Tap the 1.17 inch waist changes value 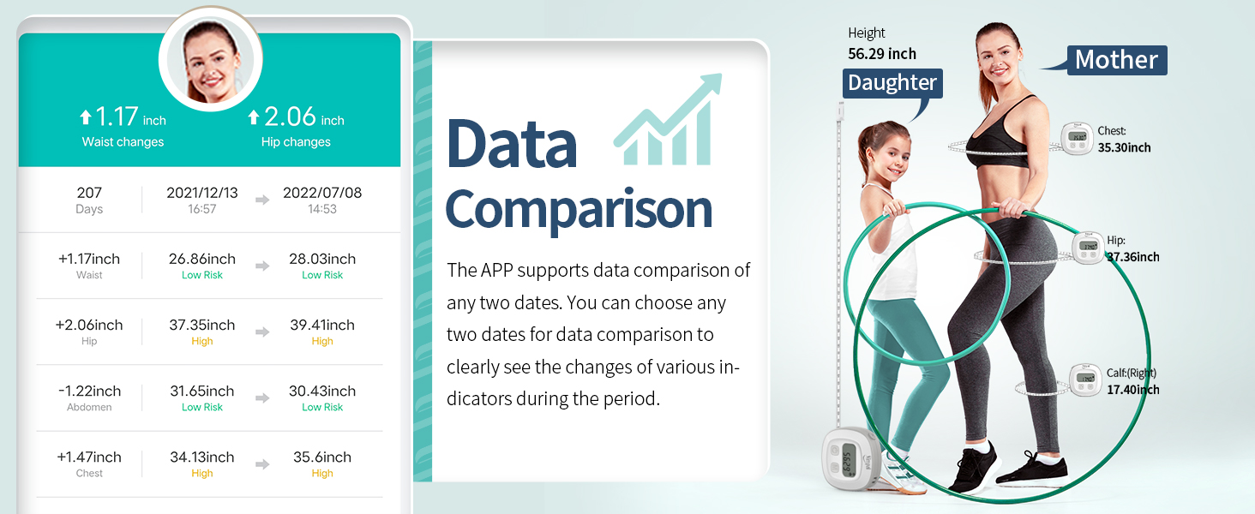click(123, 117)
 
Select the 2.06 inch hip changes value click(296, 117)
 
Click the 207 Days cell click(89, 200)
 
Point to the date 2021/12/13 click(202, 193)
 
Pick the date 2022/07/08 click(322, 193)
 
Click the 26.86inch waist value click(202, 259)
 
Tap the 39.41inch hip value click(322, 325)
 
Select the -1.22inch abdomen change click(89, 391)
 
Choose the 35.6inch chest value click(322, 457)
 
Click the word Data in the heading click(512, 143)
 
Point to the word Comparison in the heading click(579, 209)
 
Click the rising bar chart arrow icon click(668, 121)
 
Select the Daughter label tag click(892, 83)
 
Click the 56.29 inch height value click(882, 54)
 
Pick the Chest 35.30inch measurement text click(1124, 140)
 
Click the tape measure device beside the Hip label click(1088, 248)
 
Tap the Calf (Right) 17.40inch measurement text click(1132, 382)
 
